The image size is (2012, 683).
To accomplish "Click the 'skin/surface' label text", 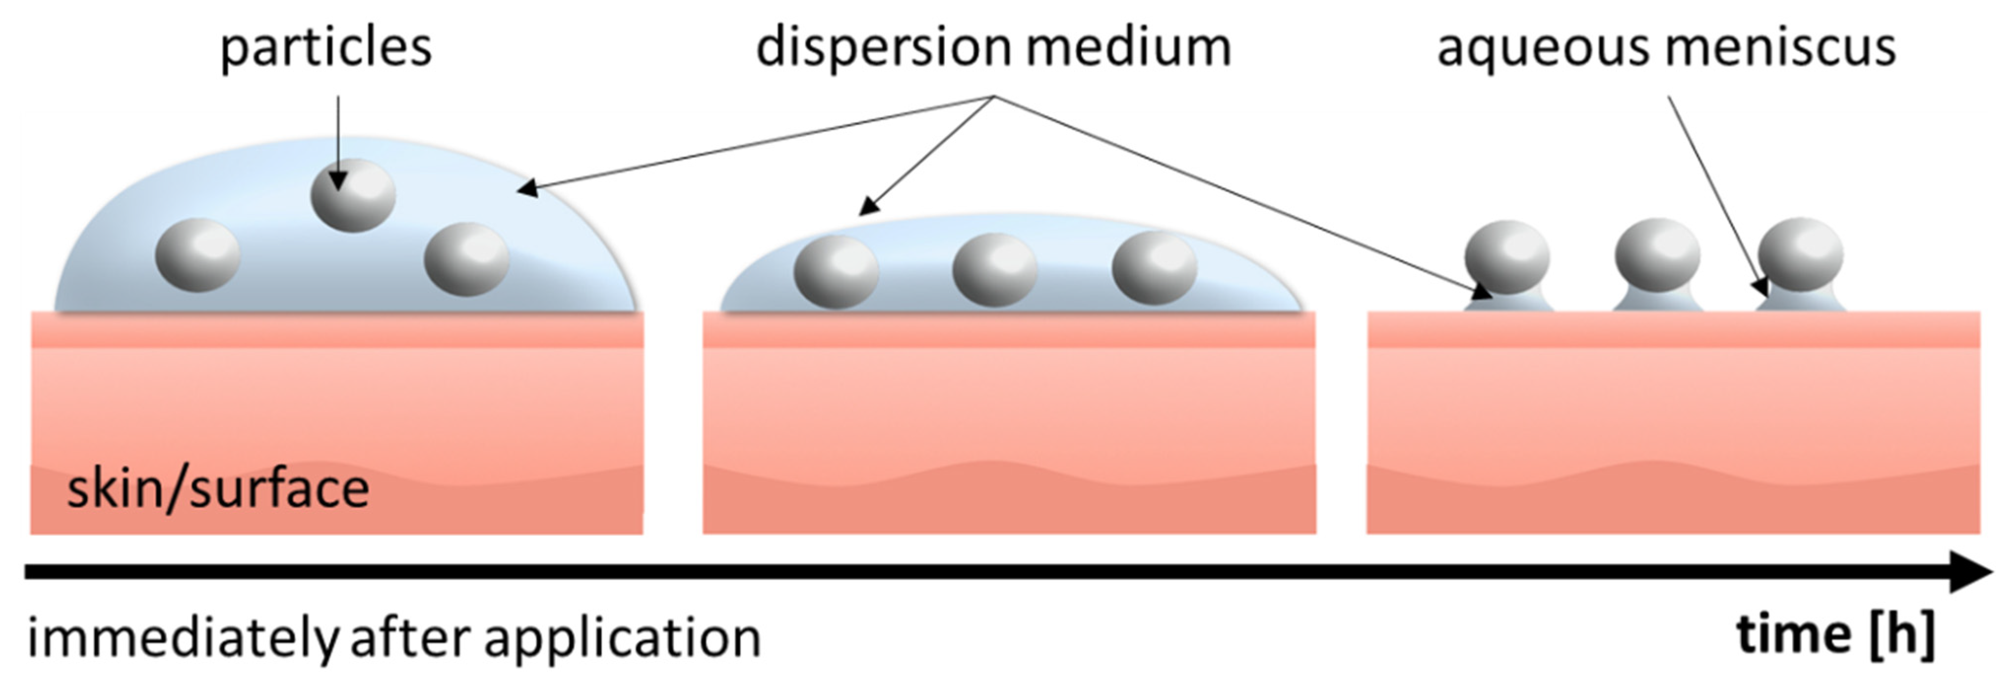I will pyautogui.click(x=218, y=490).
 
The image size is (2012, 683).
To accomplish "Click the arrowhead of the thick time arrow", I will pyautogui.click(x=1972, y=572).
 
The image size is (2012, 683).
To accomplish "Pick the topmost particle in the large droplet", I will pyautogui.click(x=353, y=195).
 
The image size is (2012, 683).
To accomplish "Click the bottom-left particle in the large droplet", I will pyautogui.click(x=197, y=255).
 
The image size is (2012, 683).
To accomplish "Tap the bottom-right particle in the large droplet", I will pyautogui.click(x=466, y=259).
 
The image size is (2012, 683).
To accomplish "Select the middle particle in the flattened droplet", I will pyautogui.click(x=994, y=270).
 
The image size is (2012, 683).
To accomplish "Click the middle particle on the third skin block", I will pyautogui.click(x=1656, y=256).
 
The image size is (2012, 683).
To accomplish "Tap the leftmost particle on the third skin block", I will pyautogui.click(x=1507, y=257).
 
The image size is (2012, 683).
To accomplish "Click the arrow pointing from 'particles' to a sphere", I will pyautogui.click(x=338, y=140).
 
